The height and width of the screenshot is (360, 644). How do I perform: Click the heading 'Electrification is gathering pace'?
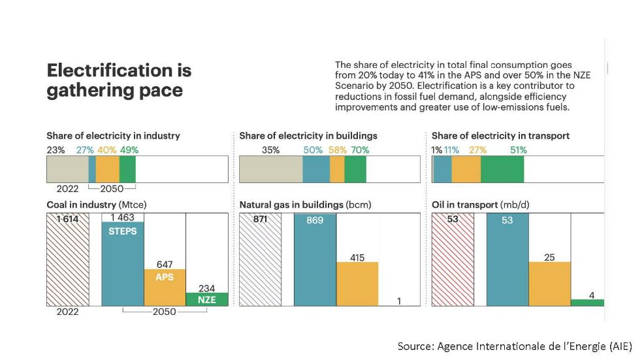118,80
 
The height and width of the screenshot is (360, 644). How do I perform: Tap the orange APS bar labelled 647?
165,287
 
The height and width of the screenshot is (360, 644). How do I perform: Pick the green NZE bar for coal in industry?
207,299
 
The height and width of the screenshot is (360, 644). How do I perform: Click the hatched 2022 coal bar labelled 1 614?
67,261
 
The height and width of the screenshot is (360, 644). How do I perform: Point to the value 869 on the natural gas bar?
315,220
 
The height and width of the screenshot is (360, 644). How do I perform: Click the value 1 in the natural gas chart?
398,301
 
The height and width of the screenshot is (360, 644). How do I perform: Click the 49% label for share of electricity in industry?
129,150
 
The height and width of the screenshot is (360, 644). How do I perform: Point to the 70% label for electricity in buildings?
360,150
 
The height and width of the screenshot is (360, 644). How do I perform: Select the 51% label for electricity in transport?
519,150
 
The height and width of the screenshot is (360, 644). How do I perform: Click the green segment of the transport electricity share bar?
502,169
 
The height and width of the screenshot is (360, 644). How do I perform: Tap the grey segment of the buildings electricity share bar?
271,169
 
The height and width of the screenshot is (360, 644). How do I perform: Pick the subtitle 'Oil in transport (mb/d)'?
480,205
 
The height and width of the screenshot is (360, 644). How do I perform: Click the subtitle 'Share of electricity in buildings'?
308,136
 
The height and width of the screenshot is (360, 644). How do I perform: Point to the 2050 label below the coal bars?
165,312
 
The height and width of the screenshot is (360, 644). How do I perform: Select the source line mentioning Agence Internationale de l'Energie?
515,346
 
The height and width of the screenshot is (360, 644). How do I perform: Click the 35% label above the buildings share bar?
270,150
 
